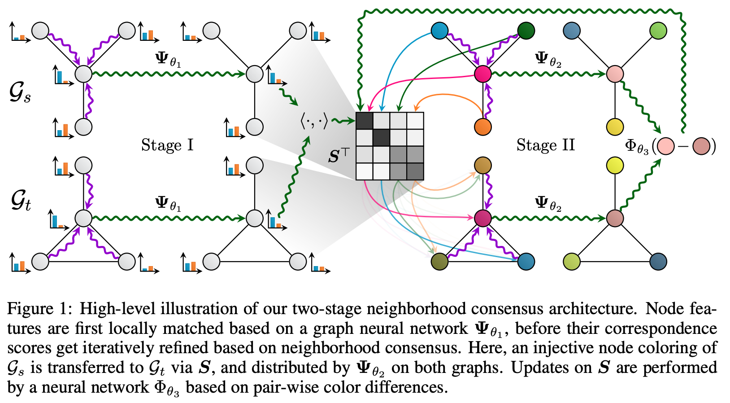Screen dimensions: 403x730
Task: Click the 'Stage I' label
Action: (x=167, y=145)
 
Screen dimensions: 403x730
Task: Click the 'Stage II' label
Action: (x=545, y=145)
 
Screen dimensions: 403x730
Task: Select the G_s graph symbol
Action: (x=20, y=94)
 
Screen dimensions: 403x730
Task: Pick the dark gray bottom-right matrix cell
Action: (x=415, y=171)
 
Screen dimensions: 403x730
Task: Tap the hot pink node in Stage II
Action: (x=482, y=74)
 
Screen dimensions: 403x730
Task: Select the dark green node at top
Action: (x=526, y=31)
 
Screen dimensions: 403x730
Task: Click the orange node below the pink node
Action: (x=482, y=127)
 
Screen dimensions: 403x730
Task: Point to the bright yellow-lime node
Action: (x=615, y=166)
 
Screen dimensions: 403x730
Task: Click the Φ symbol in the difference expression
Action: (x=631, y=145)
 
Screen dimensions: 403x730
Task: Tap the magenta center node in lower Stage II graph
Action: (x=482, y=219)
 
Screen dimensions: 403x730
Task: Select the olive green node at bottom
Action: (x=439, y=261)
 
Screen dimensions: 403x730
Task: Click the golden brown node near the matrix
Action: (x=482, y=166)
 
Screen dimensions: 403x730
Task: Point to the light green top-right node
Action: (x=658, y=31)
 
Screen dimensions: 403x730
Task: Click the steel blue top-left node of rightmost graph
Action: (x=572, y=31)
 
